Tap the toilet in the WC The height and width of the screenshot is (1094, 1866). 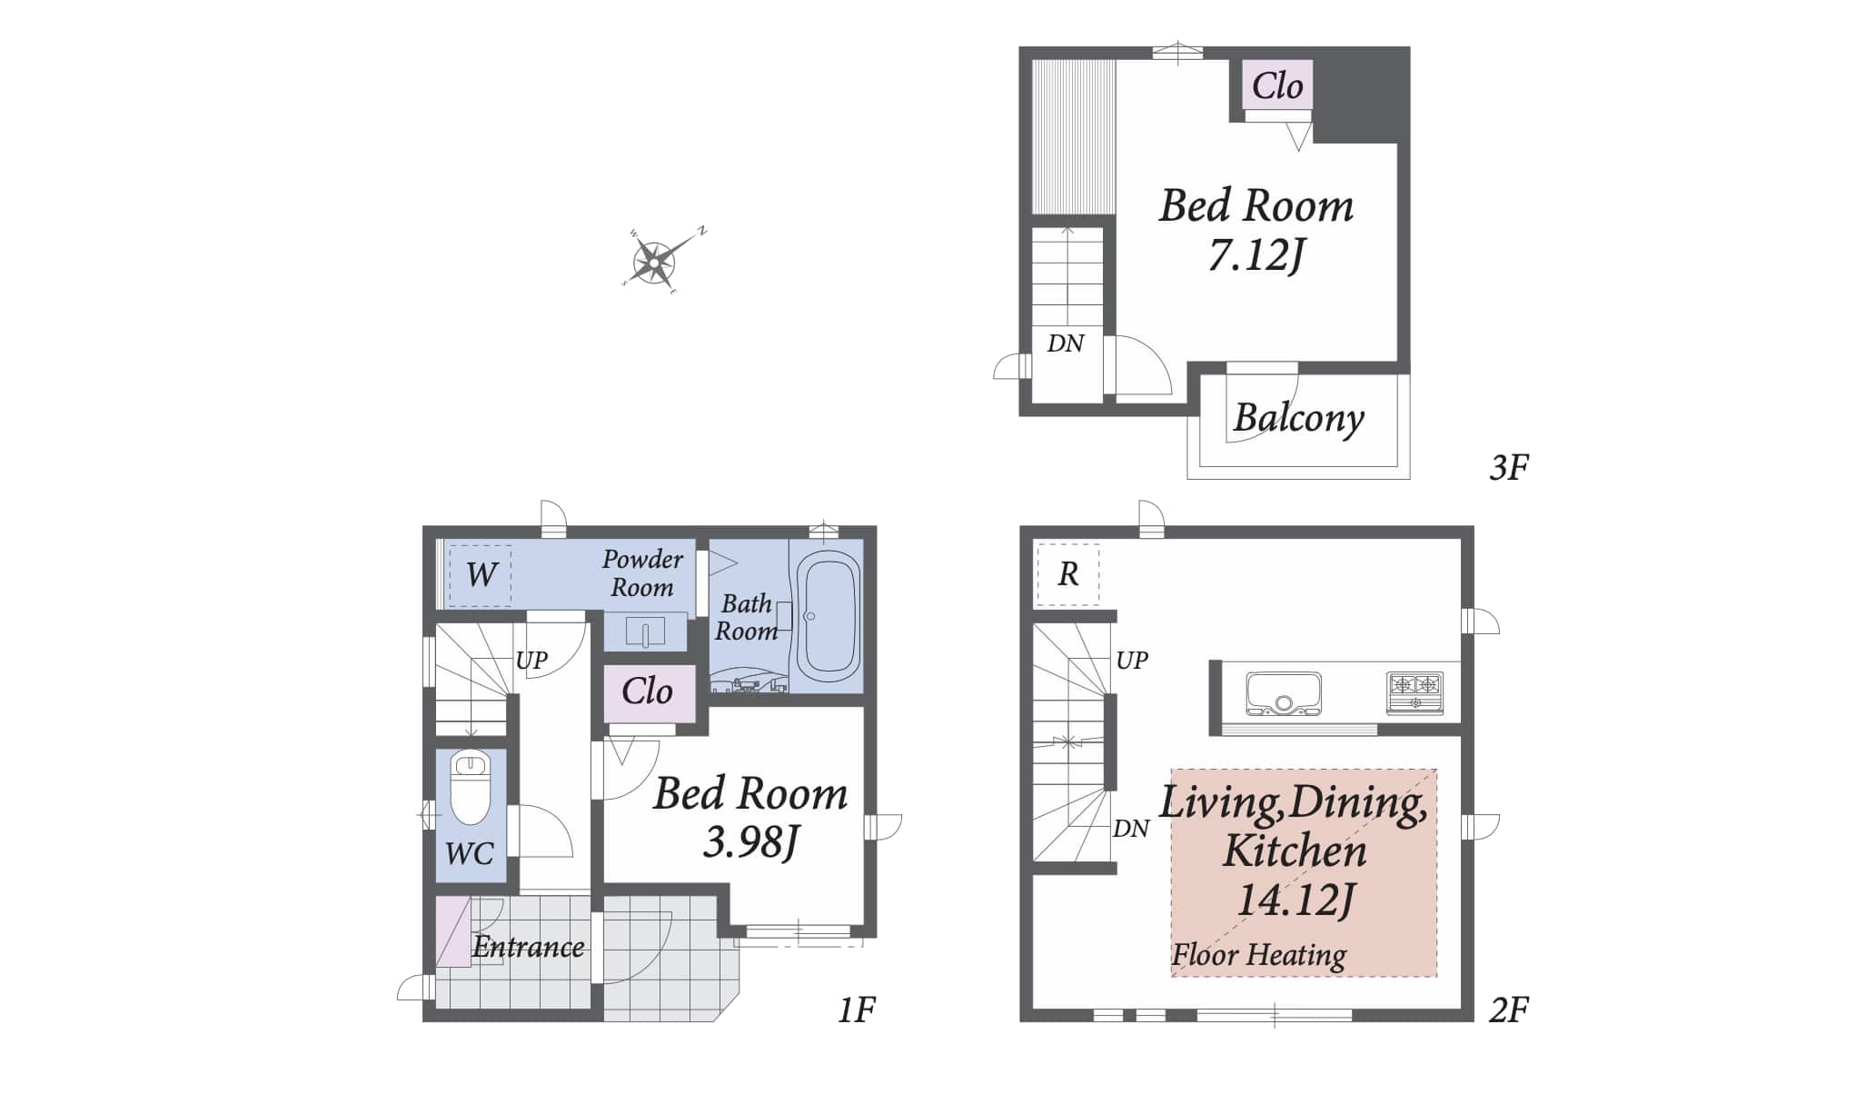point(471,788)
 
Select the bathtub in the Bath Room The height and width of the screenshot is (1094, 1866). point(827,616)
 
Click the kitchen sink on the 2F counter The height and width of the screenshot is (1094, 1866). point(1284,694)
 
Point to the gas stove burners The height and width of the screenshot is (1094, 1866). point(1415,691)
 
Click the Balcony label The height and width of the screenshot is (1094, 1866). point(1298,419)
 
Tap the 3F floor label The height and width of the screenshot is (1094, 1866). point(1509,467)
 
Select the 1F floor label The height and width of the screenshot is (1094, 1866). point(856,1009)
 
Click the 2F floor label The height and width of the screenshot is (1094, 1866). point(1509,1009)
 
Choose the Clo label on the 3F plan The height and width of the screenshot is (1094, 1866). point(1277,85)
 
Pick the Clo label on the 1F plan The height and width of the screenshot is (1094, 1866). point(647,691)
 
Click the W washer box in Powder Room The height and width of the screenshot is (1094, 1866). point(481,574)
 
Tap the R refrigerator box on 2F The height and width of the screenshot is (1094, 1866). point(1068,574)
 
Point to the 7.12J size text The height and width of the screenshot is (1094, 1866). point(1256,254)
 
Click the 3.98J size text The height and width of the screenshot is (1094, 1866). point(750,841)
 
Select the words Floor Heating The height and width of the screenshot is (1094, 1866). point(1258,955)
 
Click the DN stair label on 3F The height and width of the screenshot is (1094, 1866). point(1066,343)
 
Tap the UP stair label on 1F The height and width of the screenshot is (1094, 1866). point(531,660)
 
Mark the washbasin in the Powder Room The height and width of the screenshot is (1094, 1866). point(645,631)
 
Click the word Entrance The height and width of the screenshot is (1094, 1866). point(528,947)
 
